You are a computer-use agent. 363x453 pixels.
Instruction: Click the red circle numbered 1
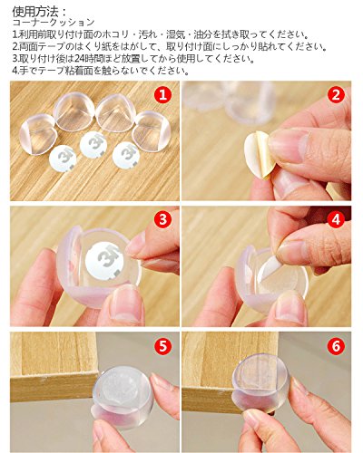[163, 94]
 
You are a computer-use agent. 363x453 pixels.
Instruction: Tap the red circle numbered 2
[336, 94]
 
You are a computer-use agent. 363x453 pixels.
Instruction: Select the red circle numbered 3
[163, 219]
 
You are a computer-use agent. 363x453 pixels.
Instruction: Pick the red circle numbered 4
[336, 219]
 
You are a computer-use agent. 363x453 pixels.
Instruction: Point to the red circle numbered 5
[163, 346]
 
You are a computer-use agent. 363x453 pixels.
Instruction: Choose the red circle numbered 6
[336, 346]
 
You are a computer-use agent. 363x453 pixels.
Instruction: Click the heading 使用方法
[35, 12]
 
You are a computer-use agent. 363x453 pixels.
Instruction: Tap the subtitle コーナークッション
[54, 23]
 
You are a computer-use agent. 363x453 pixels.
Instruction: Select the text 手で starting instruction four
[25, 71]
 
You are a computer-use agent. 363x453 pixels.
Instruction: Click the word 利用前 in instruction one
[30, 34]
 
